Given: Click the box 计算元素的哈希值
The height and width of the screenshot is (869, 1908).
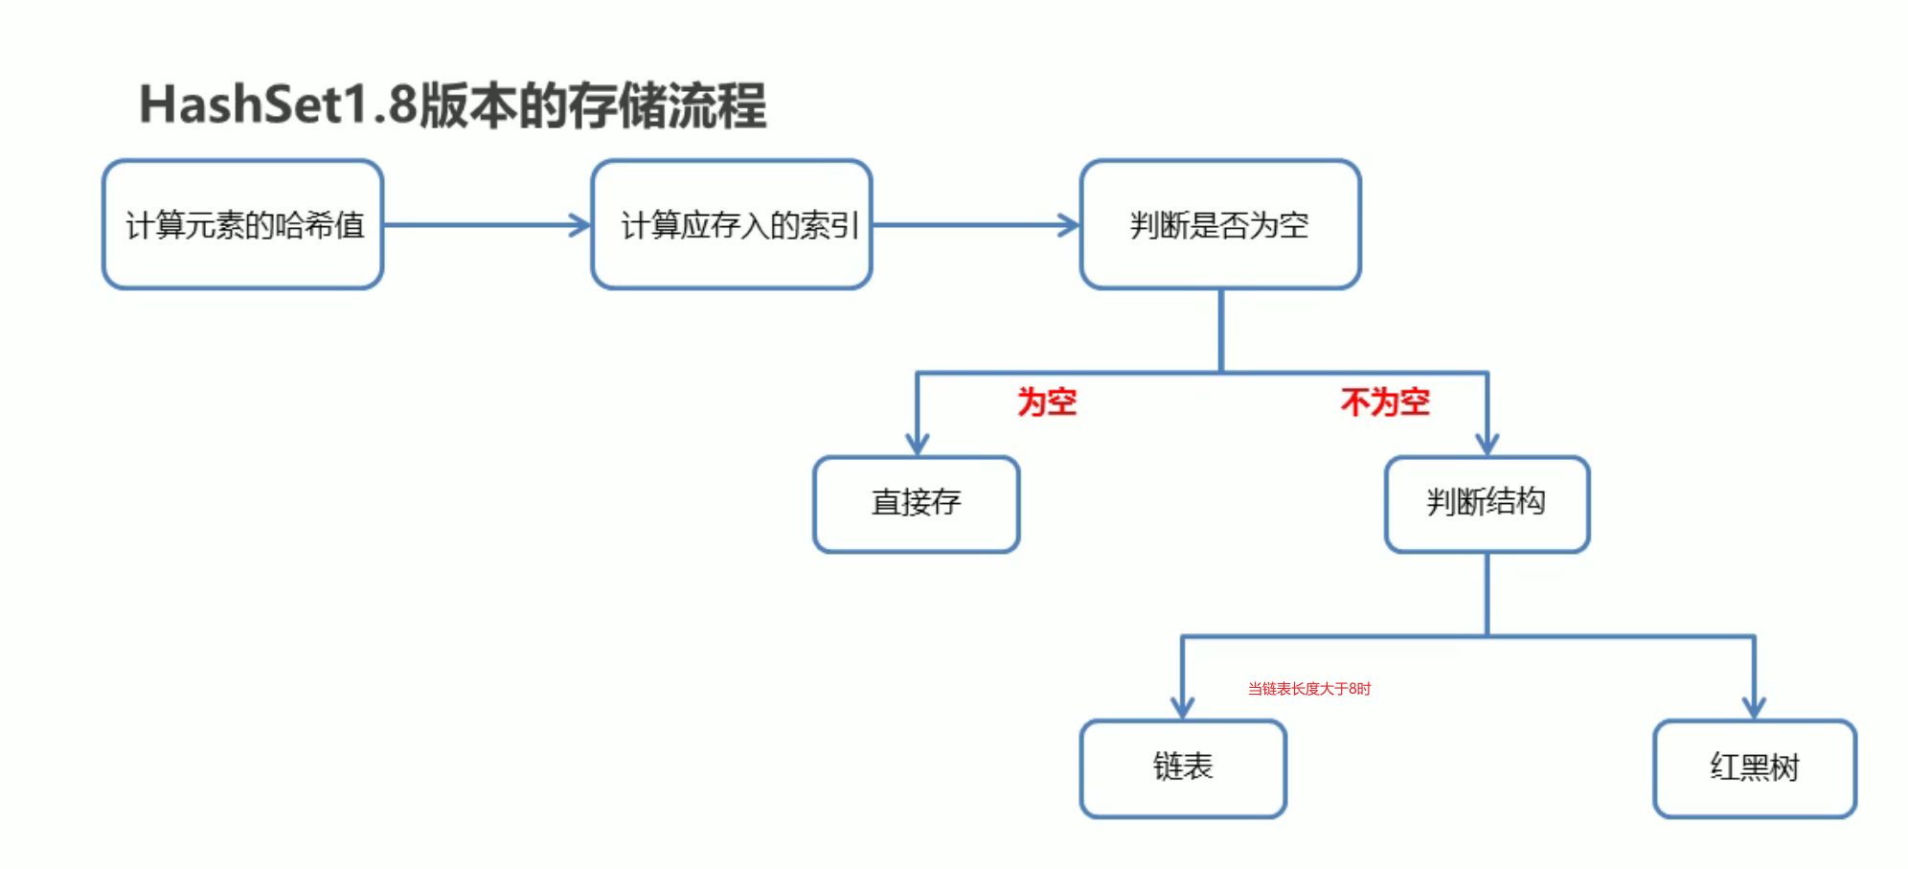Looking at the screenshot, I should click(x=243, y=225).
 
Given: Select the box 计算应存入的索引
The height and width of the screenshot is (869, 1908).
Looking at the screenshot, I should click(x=732, y=225).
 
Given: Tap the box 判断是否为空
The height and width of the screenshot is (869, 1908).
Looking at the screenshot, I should click(x=1220, y=225).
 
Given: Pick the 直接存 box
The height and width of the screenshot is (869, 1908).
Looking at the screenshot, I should click(x=917, y=504).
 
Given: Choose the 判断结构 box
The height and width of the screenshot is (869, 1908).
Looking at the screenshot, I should click(x=1487, y=504).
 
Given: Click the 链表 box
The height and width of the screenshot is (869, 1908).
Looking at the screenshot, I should click(x=1183, y=768).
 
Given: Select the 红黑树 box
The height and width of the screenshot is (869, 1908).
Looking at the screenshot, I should click(x=1755, y=768).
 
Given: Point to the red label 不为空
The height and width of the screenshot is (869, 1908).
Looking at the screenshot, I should click(x=1385, y=402).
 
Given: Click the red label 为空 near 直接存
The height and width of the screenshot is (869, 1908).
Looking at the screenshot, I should click(x=1047, y=402).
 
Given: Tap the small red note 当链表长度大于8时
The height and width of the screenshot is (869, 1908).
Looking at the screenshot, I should click(x=1309, y=689).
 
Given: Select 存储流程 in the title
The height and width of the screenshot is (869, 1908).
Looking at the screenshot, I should click(x=668, y=104).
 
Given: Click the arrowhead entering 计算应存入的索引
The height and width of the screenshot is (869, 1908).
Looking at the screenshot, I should click(x=580, y=225).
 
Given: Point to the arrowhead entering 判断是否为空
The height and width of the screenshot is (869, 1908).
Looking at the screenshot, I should click(x=1069, y=225).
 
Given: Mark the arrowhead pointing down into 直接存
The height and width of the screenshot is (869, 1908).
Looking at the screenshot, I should click(x=918, y=444).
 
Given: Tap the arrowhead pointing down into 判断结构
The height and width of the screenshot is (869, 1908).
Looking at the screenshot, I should click(x=1487, y=444).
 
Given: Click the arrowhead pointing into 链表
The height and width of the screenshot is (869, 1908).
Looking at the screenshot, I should click(x=1183, y=708).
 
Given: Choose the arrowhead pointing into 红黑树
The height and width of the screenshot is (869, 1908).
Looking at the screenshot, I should click(x=1754, y=708).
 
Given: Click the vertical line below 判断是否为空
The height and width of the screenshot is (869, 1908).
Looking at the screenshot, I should click(x=1221, y=331).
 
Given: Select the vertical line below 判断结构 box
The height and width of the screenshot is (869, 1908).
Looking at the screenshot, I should click(x=1487, y=594).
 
